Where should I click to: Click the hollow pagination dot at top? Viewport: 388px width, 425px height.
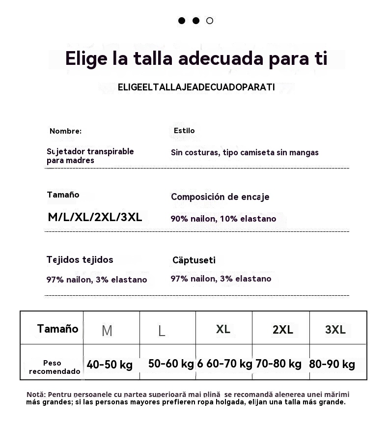(x=210, y=21)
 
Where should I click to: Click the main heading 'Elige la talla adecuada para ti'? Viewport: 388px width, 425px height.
(x=196, y=58)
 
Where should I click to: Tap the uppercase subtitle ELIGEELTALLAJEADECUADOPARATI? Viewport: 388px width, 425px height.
(x=196, y=87)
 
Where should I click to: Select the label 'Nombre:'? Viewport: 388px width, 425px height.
(x=65, y=131)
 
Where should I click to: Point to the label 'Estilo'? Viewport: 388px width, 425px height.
(x=184, y=131)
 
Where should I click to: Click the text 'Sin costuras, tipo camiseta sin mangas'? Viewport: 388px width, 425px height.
(x=245, y=152)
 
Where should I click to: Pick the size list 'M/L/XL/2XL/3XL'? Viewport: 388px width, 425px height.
(x=95, y=217)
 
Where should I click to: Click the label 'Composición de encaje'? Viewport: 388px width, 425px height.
(x=220, y=197)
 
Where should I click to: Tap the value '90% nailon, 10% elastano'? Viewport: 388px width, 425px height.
(x=223, y=219)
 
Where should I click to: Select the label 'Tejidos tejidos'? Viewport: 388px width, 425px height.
(x=80, y=259)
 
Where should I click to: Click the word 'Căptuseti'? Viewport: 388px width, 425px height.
(x=194, y=260)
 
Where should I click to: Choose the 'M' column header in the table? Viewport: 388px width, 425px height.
(x=107, y=331)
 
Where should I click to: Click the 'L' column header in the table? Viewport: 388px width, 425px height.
(x=162, y=331)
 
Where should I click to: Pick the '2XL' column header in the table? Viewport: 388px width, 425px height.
(x=283, y=330)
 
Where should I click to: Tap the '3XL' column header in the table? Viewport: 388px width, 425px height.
(x=335, y=329)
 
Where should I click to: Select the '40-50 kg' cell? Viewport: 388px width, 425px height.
(x=110, y=365)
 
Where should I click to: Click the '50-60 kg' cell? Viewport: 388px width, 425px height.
(x=171, y=364)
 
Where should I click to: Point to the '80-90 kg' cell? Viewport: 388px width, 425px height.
(x=332, y=365)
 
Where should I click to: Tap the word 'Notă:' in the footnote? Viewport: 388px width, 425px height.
(x=36, y=395)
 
